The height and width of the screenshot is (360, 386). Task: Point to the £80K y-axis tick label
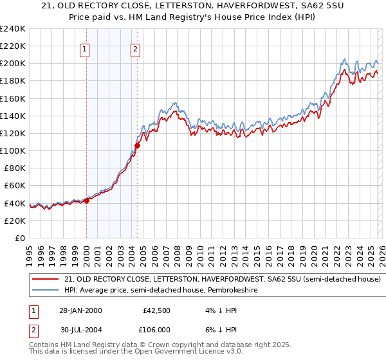[x=14, y=168]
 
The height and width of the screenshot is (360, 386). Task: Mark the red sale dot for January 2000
[x=86, y=201]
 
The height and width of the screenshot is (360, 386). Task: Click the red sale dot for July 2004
[x=137, y=145]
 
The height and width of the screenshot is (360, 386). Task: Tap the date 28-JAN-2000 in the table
[x=80, y=310]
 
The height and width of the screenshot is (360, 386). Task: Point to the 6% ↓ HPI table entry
[x=221, y=329]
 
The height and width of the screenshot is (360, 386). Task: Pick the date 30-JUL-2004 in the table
[x=80, y=329]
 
